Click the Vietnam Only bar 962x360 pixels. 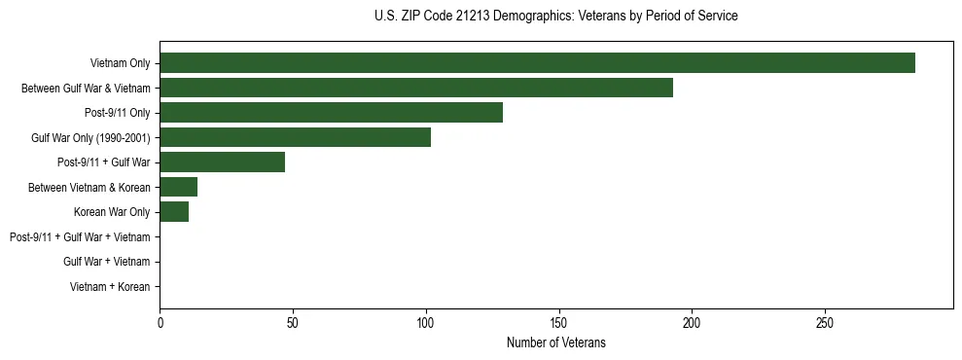(x=537, y=63)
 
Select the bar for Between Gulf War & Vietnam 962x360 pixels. (x=416, y=88)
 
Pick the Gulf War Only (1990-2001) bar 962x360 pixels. (x=295, y=137)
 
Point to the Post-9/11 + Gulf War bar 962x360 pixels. (x=222, y=162)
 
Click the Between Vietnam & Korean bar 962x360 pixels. (x=178, y=187)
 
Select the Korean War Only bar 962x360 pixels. (x=174, y=212)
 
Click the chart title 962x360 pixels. (x=555, y=17)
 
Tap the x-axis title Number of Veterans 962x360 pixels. (x=555, y=342)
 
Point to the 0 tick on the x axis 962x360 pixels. (x=160, y=322)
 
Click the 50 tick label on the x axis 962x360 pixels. (x=293, y=322)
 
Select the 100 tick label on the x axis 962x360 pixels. (x=425, y=322)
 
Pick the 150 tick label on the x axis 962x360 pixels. (x=558, y=322)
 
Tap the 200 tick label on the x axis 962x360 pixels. (x=692, y=322)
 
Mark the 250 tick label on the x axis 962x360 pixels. (x=824, y=322)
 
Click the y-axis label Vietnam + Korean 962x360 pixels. (x=110, y=287)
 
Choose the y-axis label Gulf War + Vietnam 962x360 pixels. (x=106, y=262)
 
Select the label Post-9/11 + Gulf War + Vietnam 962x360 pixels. (x=80, y=237)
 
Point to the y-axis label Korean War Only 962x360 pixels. (x=112, y=212)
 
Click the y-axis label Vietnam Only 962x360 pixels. (x=120, y=63)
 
